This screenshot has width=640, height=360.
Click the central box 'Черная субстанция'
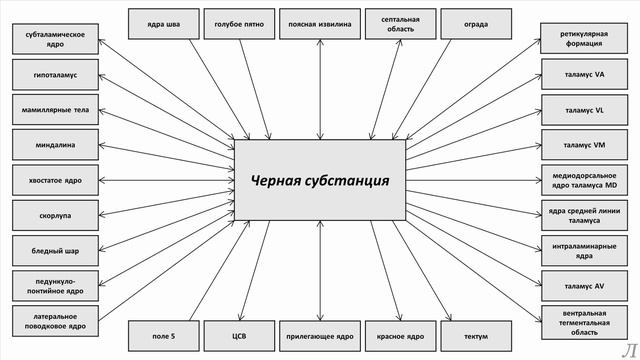[320, 179]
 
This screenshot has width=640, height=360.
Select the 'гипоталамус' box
[56, 74]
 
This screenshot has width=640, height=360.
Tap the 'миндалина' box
[56, 144]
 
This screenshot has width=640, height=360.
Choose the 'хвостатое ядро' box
[56, 180]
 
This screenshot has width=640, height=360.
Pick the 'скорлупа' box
[56, 215]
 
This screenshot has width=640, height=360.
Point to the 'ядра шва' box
[164, 22]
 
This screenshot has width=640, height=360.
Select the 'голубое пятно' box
[239, 22]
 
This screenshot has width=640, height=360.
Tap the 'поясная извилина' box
[320, 22]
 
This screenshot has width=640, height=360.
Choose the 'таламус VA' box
[584, 74]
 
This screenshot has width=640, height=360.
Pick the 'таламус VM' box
[584, 144]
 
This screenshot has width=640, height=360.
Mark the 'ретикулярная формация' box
[584, 39]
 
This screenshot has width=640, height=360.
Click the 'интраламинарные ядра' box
[584, 250]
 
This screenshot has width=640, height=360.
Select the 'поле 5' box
[164, 336]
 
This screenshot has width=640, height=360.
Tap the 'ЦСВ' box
[239, 336]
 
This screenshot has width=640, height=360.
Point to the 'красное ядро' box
[400, 336]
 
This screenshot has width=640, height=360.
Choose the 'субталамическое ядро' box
[56, 39]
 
